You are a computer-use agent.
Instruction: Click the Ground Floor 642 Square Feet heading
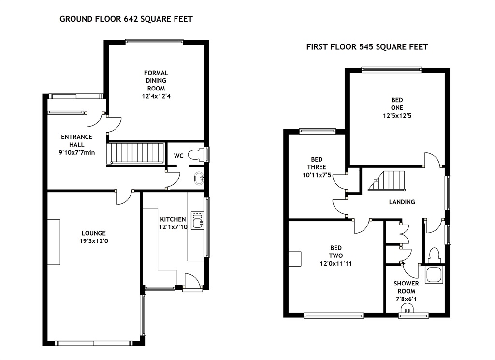pos(126,19)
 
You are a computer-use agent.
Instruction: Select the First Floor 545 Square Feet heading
pos(367,47)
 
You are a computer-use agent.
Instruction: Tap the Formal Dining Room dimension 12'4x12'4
pos(156,96)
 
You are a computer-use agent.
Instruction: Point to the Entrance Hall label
pos(77,141)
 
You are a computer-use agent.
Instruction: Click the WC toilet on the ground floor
pos(196,155)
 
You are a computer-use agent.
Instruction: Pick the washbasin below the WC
pos(199,179)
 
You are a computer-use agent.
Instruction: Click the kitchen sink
pos(198,221)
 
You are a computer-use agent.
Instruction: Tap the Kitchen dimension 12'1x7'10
pos(173,227)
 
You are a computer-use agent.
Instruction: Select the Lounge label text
pos(93,233)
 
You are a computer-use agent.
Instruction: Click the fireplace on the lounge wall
pos(54,242)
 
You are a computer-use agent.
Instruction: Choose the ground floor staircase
pos(136,153)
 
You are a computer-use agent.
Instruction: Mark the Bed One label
pos(397,104)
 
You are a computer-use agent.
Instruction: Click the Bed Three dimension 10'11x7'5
pos(317,175)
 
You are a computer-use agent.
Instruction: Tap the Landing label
pos(402,202)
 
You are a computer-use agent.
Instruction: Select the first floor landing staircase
pos(387,181)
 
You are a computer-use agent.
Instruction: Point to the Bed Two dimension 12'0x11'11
pos(336,264)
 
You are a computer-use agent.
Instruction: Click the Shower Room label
pos(406,287)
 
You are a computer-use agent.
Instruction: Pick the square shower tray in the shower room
pos(435,274)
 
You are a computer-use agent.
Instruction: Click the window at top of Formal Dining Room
pos(154,42)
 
